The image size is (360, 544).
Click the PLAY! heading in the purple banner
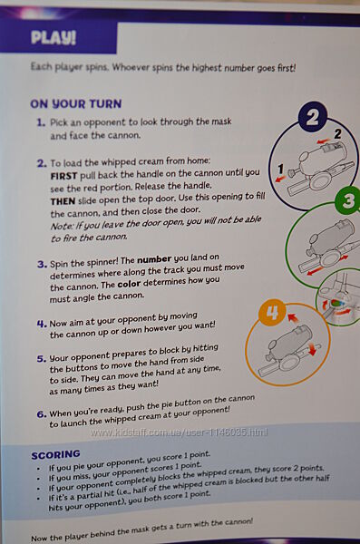point(54,37)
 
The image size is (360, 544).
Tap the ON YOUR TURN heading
point(75,103)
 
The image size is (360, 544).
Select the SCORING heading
point(56,455)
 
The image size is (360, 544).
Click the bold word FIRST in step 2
point(63,176)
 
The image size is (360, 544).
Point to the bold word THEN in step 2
point(63,201)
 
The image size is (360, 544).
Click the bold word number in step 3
point(154,259)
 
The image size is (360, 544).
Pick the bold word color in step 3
point(129,284)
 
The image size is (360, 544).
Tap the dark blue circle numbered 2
point(313,117)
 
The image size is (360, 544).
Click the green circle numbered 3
point(348,199)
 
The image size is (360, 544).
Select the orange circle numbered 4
point(272,313)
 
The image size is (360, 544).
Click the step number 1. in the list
point(41,122)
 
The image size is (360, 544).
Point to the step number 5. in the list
point(42,359)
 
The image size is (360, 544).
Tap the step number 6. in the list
point(42,414)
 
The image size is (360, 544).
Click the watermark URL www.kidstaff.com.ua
point(179,432)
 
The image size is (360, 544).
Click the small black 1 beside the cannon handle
point(281,169)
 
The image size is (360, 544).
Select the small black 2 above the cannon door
point(337,134)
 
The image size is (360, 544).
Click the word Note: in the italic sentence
point(62,226)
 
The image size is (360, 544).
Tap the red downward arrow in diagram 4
point(311,349)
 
